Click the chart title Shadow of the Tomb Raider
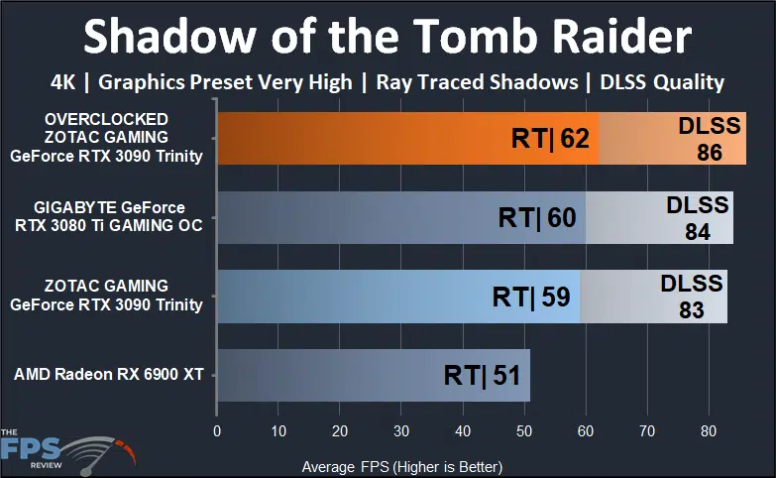click(387, 38)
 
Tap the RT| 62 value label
click(550, 139)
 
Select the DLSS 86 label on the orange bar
click(705, 139)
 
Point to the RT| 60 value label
click(536, 217)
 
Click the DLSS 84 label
click(698, 217)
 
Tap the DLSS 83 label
click(691, 296)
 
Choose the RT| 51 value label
click(482, 375)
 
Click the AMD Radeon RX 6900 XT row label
click(107, 375)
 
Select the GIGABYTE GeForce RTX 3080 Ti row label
click(109, 216)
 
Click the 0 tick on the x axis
click(217, 431)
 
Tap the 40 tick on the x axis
click(462, 431)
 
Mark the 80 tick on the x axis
click(708, 431)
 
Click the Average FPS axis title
click(401, 466)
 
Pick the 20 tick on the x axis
click(340, 431)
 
